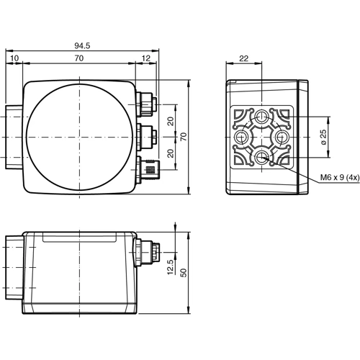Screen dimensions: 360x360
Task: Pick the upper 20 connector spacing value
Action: point(171,120)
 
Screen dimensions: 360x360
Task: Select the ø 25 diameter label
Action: point(324,136)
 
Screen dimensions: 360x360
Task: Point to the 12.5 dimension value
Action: point(171,267)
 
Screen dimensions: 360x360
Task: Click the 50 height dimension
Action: point(184,273)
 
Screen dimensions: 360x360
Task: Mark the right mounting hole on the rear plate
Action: point(283,137)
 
